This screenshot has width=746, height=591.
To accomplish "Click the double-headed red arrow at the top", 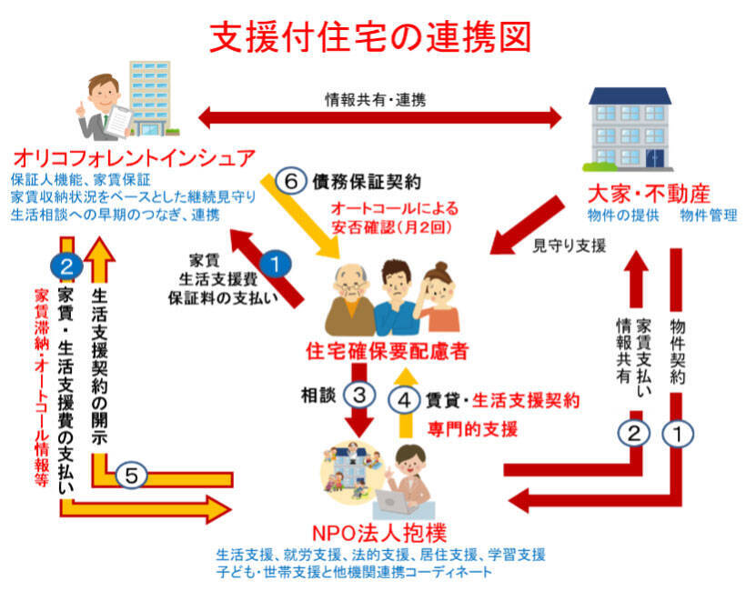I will (x=380, y=116).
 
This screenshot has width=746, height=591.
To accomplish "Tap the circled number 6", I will (x=291, y=181).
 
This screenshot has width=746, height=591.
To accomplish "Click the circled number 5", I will (x=132, y=474).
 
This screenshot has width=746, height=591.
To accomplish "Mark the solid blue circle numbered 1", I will (x=278, y=265).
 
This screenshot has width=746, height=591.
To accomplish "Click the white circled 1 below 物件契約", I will (x=675, y=434).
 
